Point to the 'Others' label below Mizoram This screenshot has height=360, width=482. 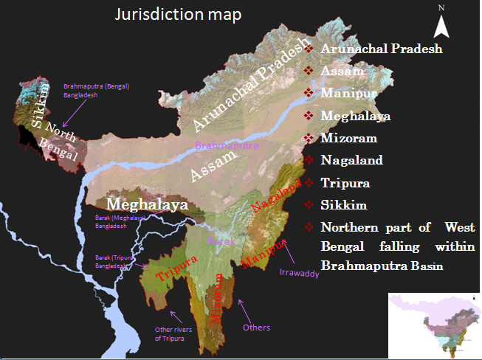256,328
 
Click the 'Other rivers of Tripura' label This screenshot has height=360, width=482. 172,333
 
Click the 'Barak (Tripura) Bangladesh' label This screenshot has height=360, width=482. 113,262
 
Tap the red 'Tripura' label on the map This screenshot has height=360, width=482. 176,269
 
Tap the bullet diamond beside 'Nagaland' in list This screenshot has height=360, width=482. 309,160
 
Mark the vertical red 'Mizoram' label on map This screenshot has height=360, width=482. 218,298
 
